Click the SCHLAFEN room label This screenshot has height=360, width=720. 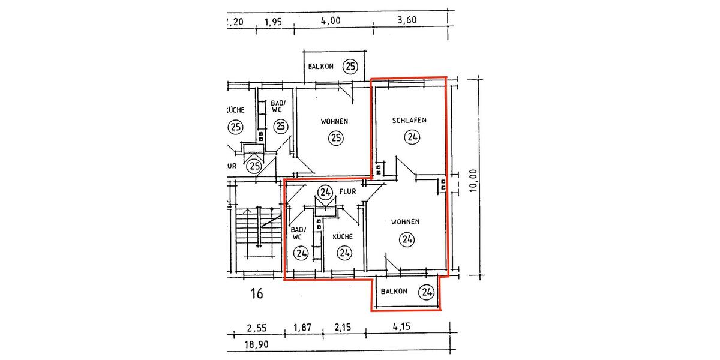coord(409,120)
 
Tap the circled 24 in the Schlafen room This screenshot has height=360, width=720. coord(412,137)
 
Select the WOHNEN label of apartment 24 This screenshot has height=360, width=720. coord(405,222)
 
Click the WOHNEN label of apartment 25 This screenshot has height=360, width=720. coord(334,121)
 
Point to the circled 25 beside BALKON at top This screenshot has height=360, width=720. coord(350,67)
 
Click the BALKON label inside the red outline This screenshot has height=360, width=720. coord(394,292)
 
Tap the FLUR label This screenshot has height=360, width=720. coord(348,192)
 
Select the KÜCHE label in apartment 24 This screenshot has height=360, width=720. coord(343,237)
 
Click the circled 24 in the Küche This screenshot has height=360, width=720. coord(344,253)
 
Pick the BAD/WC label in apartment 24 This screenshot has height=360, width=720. coord(298,233)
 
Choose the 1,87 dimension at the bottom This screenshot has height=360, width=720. coord(303,328)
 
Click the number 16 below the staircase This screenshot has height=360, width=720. coord(257,294)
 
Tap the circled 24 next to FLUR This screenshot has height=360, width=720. coord(325,193)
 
